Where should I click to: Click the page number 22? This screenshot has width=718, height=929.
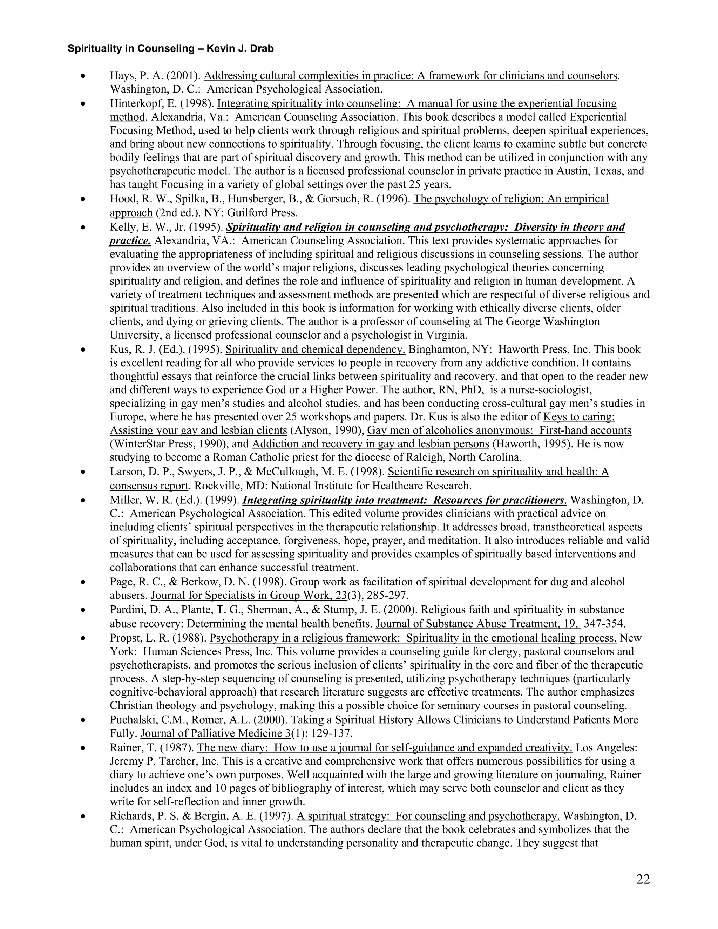pos(643,880)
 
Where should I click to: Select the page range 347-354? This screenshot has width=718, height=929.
pos(604,624)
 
